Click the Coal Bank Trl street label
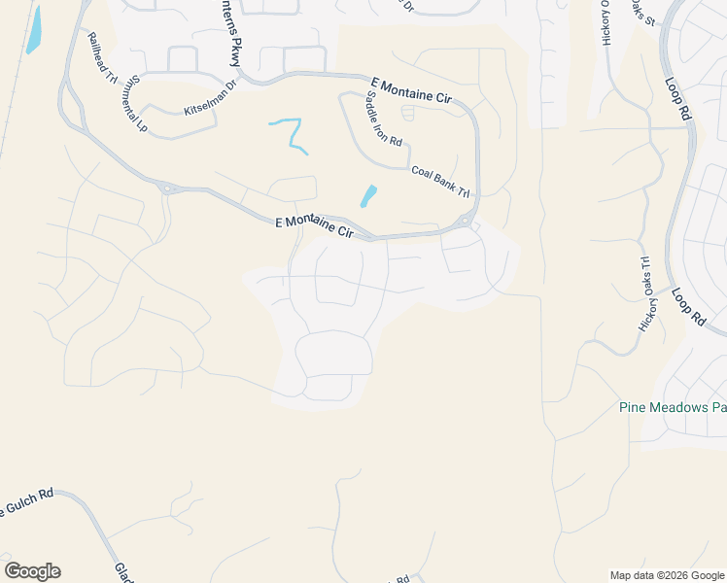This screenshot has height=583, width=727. [439, 182]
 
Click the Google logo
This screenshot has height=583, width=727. [32, 571]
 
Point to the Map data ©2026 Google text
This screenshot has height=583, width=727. [667, 575]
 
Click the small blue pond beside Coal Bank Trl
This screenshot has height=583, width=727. [368, 196]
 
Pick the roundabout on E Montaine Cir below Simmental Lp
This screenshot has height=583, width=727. [166, 189]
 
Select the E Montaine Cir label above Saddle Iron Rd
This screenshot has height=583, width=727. [412, 92]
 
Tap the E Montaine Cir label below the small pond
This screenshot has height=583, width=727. [313, 227]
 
